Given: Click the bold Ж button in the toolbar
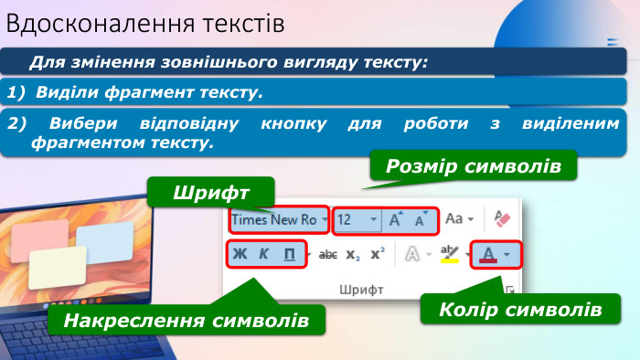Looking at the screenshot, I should pos(240,255).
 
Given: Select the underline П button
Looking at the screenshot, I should pos(289,255).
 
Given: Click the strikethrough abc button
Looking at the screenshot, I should pos(328,255).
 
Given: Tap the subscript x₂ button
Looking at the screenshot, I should pos(353,255).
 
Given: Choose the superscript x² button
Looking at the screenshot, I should pos(377,255).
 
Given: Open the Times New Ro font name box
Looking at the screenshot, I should pos(274,219).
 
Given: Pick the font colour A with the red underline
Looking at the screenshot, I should pos(488,255).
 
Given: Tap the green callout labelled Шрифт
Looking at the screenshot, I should pos(211,192).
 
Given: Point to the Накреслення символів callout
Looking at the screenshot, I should pos(187,321).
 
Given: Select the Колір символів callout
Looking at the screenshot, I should pos(519,309).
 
